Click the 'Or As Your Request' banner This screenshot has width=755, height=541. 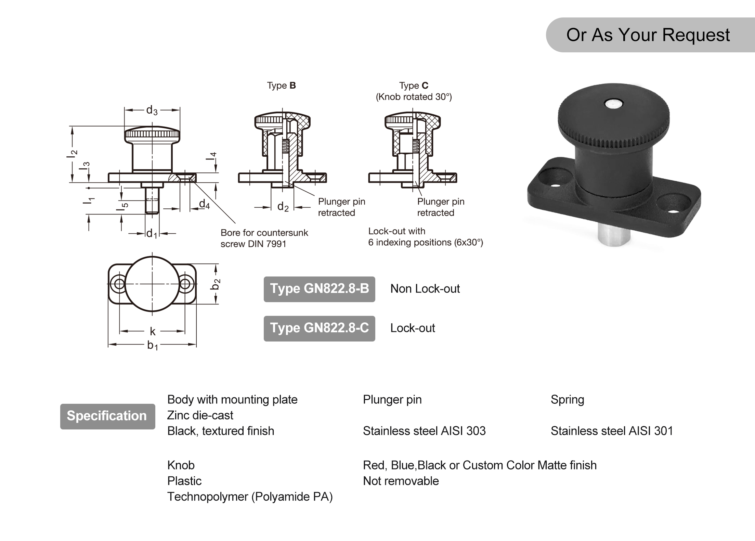648,35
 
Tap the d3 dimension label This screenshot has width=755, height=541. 152,110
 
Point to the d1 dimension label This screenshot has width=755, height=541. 151,234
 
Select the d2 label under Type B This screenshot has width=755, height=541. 283,207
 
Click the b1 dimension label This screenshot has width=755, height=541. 152,345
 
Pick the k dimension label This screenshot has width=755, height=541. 153,331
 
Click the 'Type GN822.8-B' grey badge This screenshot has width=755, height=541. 319,289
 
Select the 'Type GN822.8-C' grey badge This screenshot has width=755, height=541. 319,328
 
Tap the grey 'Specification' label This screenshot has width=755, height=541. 107,416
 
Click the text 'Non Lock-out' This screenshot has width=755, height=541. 425,289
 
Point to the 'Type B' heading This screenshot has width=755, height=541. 281,86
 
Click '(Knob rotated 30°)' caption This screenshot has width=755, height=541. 414,97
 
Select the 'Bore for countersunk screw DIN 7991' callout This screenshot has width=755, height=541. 264,238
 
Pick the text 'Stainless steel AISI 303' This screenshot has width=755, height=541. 424,431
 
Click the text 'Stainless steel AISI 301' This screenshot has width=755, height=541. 611,431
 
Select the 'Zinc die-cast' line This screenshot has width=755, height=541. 200,415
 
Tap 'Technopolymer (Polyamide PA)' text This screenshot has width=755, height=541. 250,497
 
